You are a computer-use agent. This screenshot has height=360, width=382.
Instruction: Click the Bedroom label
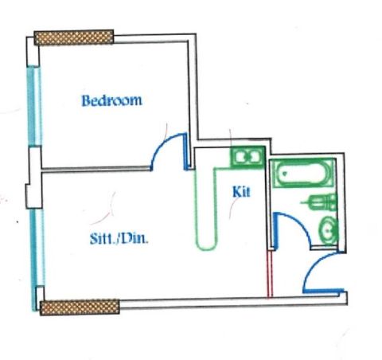[x=111, y=100]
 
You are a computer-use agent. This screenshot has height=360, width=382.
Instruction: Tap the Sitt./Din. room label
[x=119, y=238]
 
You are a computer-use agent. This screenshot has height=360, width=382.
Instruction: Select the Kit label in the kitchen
[x=241, y=192]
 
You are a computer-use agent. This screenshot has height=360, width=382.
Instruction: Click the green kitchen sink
[x=248, y=157]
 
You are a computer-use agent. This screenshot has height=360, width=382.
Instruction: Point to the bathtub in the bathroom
[x=303, y=173]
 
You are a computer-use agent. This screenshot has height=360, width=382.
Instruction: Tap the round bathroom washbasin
[x=329, y=230]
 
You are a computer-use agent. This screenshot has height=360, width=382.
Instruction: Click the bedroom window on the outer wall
[x=34, y=106]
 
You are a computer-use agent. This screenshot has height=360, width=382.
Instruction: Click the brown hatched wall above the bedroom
[x=74, y=37]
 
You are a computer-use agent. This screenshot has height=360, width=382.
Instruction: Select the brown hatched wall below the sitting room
[x=80, y=307]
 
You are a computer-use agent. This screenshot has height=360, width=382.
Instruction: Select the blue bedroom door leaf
[x=186, y=151]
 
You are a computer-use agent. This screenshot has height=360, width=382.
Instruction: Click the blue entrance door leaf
[x=323, y=291]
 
